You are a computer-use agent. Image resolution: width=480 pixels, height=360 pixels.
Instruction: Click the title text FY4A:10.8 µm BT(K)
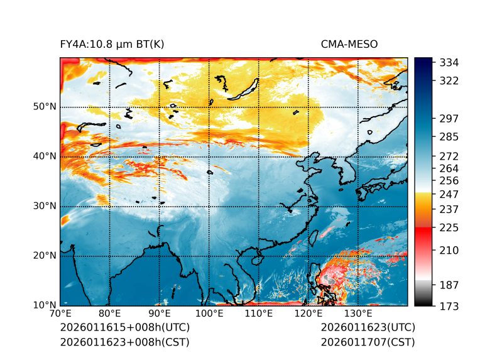(x=112, y=44)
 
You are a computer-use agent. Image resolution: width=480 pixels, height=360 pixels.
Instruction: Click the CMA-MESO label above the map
(x=349, y=44)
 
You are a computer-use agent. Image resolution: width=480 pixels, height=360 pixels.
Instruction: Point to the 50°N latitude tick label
(x=45, y=107)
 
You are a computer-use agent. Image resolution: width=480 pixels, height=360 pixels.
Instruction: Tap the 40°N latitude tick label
(x=45, y=156)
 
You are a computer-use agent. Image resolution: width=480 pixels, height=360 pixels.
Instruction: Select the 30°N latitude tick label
(x=45, y=206)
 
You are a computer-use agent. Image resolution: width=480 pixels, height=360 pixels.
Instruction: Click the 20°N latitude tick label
(x=45, y=256)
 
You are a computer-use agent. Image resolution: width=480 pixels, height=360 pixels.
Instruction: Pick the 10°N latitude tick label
(x=45, y=305)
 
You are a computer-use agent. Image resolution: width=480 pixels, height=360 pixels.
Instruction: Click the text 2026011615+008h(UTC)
(x=124, y=328)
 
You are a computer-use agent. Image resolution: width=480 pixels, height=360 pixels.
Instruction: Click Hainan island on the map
(x=256, y=259)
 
